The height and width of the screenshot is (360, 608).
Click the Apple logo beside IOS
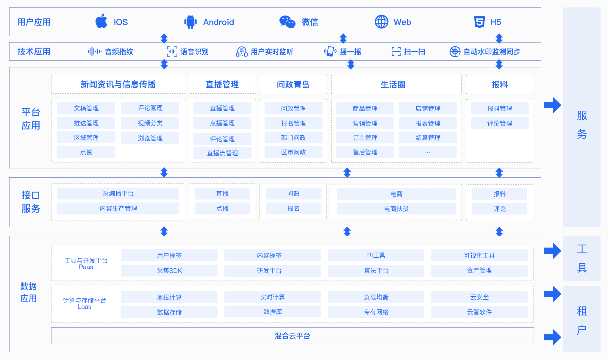pyautogui.click(x=101, y=21)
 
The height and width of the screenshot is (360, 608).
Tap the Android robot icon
pyautogui.click(x=190, y=22)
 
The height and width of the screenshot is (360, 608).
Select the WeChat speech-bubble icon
pyautogui.click(x=287, y=22)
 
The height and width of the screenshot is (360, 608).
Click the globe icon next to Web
pyautogui.click(x=381, y=22)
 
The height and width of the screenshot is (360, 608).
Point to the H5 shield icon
pyautogui.click(x=479, y=22)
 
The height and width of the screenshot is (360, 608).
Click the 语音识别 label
pyautogui.click(x=194, y=52)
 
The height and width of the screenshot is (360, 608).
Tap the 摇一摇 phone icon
pyautogui.click(x=330, y=51)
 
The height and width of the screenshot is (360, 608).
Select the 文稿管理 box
pyautogui.click(x=86, y=108)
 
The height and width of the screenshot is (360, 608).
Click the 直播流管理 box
pyautogui.click(x=222, y=153)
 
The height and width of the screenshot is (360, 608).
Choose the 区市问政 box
pyautogui.click(x=293, y=152)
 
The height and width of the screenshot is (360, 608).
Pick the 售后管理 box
pyautogui.click(x=365, y=152)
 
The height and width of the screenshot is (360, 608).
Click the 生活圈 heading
pyautogui.click(x=393, y=85)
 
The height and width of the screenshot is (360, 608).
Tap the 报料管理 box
pyautogui.click(x=499, y=109)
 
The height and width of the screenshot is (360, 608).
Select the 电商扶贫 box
pyautogui.click(x=396, y=209)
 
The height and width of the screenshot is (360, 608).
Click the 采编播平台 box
pyautogui.click(x=118, y=194)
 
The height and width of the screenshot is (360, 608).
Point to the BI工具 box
pyautogui.click(x=376, y=255)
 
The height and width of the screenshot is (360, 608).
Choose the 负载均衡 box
pyautogui.click(x=376, y=297)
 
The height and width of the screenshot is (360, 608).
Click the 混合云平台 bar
pyautogui.click(x=292, y=336)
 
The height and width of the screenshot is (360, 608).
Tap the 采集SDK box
pyautogui.click(x=169, y=271)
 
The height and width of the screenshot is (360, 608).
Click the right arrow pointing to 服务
pyautogui.click(x=553, y=105)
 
